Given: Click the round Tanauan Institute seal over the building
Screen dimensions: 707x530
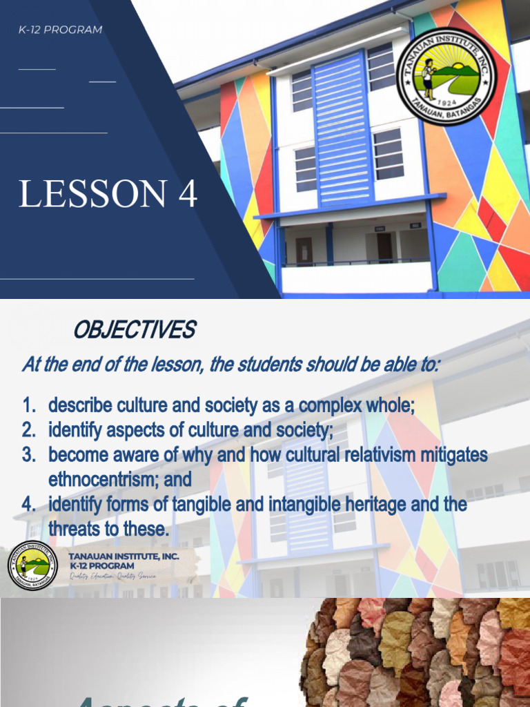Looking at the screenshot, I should pyautogui.click(x=446, y=77).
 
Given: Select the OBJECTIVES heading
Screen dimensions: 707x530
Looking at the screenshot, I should pyautogui.click(x=134, y=331).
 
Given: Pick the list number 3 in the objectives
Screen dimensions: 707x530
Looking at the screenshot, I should pyautogui.click(x=28, y=455).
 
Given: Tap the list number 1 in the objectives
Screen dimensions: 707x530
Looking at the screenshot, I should pyautogui.click(x=28, y=406).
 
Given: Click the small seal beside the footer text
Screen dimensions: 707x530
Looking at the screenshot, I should pyautogui.click(x=32, y=565).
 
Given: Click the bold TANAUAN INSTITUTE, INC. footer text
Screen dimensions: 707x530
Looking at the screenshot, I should pyautogui.click(x=124, y=556).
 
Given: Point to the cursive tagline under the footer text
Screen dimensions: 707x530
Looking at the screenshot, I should pyautogui.click(x=111, y=576).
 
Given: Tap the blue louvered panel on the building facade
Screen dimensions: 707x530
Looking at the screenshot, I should pyautogui.click(x=342, y=130).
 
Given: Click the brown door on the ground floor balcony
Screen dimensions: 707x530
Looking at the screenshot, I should pyautogui.click(x=304, y=251).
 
